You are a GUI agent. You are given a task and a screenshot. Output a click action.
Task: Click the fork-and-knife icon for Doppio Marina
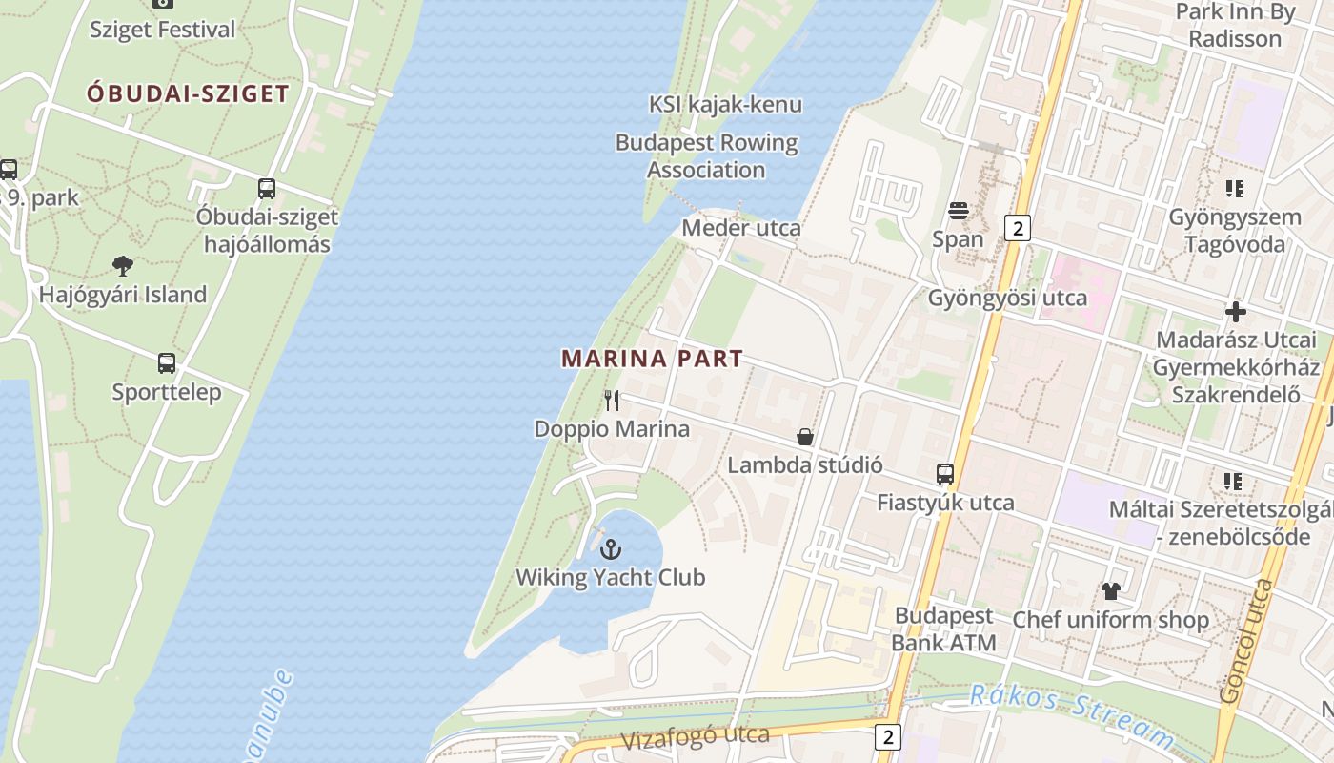coord(612,401)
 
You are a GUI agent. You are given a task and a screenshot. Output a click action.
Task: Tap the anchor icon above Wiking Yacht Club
coord(611,549)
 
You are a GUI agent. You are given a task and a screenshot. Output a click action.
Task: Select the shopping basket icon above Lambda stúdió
coord(805,437)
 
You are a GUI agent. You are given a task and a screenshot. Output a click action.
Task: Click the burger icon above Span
coord(958,211)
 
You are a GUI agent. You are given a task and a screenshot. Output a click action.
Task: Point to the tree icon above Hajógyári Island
coord(122,266)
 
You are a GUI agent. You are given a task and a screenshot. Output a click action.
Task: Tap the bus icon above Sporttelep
coord(167,363)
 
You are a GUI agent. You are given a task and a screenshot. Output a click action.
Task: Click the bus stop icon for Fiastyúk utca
coord(945,474)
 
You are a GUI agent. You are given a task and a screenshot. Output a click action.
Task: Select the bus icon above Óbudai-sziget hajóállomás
coord(267,189)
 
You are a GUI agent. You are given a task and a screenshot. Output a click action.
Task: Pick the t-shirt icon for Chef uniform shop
coord(1110,591)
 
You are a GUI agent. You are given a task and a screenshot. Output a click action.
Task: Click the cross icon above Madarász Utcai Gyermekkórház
coord(1236,312)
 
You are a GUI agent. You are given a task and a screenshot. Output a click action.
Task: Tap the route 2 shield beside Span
coord(1018,228)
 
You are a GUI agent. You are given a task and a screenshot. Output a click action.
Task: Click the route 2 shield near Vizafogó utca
coord(888,736)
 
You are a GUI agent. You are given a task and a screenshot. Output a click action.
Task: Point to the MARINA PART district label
coord(652,360)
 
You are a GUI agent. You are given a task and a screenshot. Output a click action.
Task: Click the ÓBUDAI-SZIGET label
coord(188,93)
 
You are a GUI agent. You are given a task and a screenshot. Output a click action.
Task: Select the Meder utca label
coord(741,229)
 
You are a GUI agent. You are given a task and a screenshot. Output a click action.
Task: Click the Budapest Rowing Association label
coord(706,156)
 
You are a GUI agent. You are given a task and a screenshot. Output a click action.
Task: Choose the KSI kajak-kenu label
coord(725,105)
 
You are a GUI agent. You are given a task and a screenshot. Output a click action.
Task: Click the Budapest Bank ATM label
coord(944,629)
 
